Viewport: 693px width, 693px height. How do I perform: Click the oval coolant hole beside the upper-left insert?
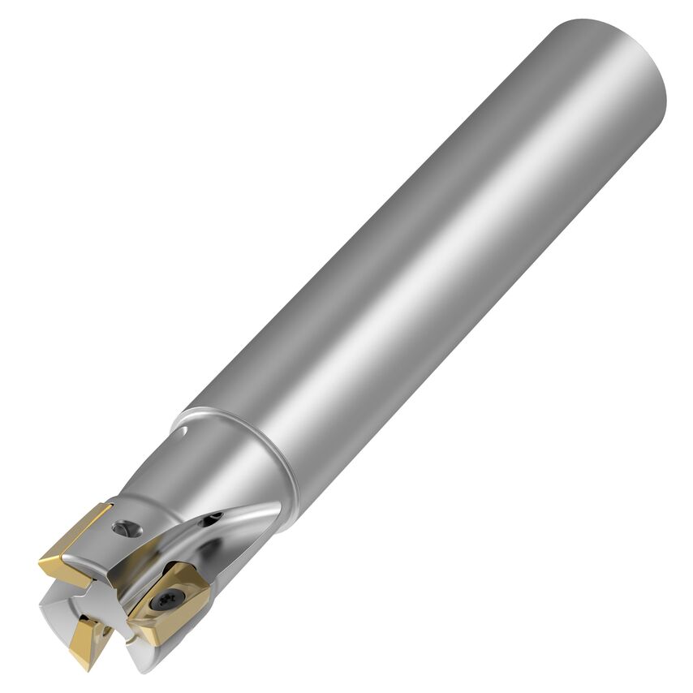pos(125,529)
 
